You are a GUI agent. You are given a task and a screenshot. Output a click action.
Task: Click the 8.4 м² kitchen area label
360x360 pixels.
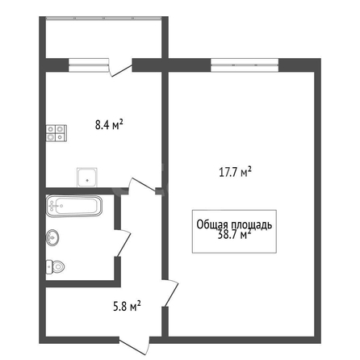tap(109, 124)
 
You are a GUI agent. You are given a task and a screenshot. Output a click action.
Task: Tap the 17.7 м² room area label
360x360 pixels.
tap(235, 172)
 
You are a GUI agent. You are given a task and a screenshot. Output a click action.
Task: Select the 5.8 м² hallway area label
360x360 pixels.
tap(127, 306)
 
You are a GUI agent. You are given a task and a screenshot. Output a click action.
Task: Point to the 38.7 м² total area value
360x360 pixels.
tap(234, 235)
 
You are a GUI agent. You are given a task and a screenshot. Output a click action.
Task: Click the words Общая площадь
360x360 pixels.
tap(234, 224)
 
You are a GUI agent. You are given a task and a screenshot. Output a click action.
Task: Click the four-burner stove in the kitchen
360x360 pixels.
tap(57, 133)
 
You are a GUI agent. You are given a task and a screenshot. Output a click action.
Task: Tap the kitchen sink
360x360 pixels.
tap(87, 178)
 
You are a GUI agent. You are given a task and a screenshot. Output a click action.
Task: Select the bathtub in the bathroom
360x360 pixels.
tap(74, 206)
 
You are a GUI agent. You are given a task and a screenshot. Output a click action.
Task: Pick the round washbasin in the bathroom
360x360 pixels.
tap(52, 237)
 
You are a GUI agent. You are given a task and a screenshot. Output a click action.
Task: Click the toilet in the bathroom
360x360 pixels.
tap(56, 266)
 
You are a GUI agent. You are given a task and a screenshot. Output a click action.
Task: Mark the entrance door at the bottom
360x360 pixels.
tap(134, 346)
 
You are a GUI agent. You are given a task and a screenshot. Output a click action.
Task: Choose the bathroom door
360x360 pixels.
tap(123, 243)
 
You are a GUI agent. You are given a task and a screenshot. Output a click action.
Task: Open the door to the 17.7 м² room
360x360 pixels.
tap(170, 293)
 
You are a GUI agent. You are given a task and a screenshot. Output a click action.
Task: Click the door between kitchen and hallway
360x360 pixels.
tap(142, 186)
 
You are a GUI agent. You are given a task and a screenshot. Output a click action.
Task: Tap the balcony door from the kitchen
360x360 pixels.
tap(120, 68)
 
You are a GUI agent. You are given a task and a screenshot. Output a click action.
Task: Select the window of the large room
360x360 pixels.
tap(245, 65)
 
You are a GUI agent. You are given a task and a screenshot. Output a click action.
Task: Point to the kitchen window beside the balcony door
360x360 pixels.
tap(89, 65)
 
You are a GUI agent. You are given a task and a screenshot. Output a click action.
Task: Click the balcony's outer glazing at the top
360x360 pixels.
tap(104, 19)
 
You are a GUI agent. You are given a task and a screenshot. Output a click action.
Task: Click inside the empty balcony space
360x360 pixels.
tap(104, 40)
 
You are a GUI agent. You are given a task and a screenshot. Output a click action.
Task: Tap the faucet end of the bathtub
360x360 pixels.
tap(53, 206)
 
